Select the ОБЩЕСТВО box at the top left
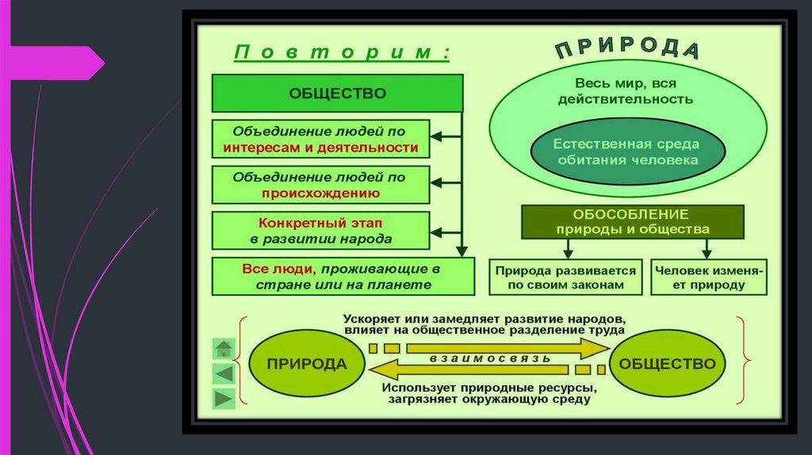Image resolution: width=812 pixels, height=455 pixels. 337,94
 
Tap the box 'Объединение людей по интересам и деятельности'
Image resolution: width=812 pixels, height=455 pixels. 320,139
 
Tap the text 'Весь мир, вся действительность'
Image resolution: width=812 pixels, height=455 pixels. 626,91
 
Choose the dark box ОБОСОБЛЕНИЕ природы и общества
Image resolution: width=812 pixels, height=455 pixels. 632,222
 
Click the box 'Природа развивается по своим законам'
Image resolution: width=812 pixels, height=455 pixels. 566,277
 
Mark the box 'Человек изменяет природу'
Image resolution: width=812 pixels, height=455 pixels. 708,277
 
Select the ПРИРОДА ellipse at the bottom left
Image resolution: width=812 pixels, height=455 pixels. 307,364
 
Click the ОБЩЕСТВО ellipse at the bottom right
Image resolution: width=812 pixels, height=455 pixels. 667,364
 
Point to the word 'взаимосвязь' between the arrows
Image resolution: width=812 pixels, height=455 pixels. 489,358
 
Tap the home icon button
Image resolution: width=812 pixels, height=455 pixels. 224,348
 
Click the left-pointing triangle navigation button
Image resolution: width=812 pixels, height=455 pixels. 224,373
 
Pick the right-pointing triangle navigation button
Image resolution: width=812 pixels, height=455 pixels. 224,398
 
